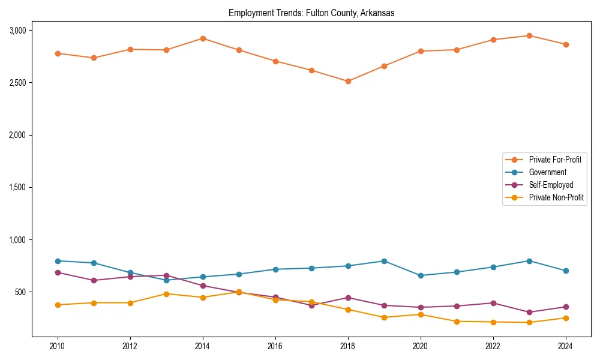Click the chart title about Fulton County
coord(311,13)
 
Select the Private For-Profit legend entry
coord(555,160)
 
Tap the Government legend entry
coord(547,172)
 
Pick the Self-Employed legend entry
coord(551,185)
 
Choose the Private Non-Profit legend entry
coord(556,197)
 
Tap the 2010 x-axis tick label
coord(58,346)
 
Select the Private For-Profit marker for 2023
coord(529,35)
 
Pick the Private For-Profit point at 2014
coord(203,38)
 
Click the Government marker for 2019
coord(384,261)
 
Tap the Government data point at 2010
coord(58,261)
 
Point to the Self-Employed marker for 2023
coord(529,312)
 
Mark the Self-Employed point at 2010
coord(58,272)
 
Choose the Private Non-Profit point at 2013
coord(166,293)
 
